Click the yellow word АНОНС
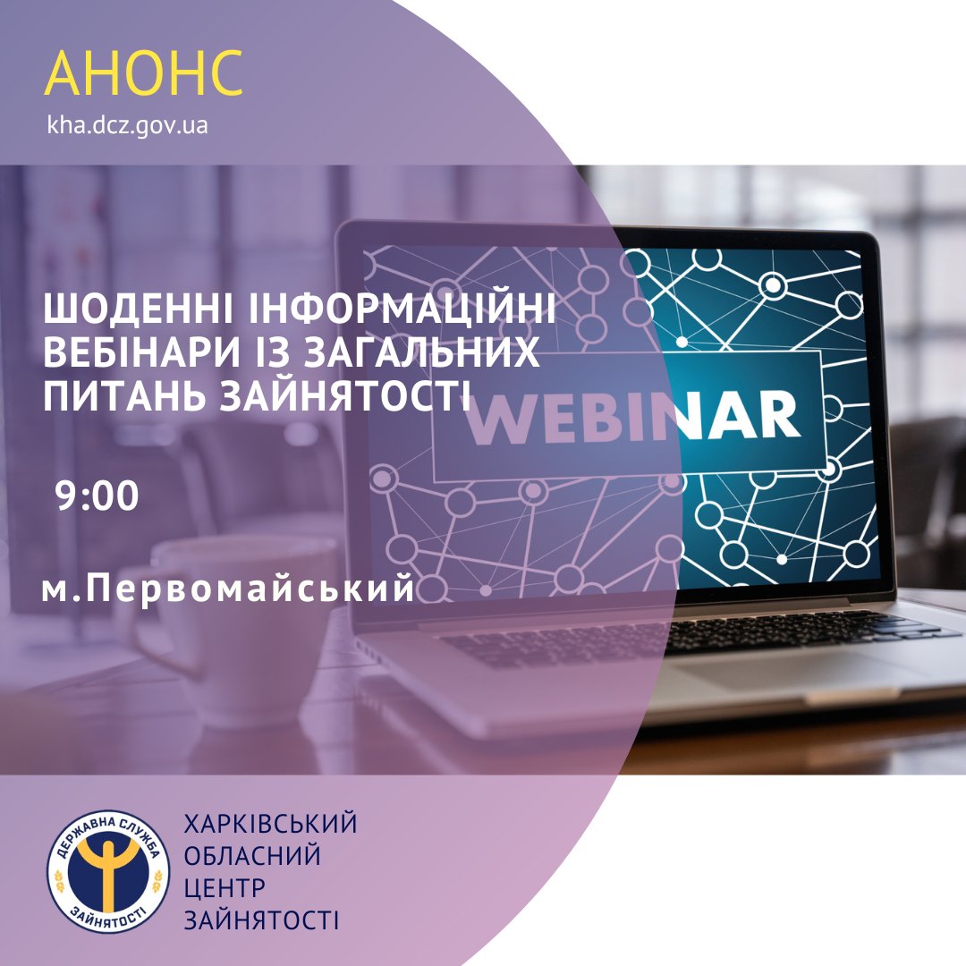tap(143, 72)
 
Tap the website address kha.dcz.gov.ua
tap(128, 126)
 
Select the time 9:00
tap(97, 496)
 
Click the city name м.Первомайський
tap(229, 588)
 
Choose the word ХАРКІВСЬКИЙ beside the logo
tap(270, 824)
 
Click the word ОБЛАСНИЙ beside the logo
tap(252, 856)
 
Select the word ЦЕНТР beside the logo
tap(225, 888)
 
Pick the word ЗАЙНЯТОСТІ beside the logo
tap(261, 920)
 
